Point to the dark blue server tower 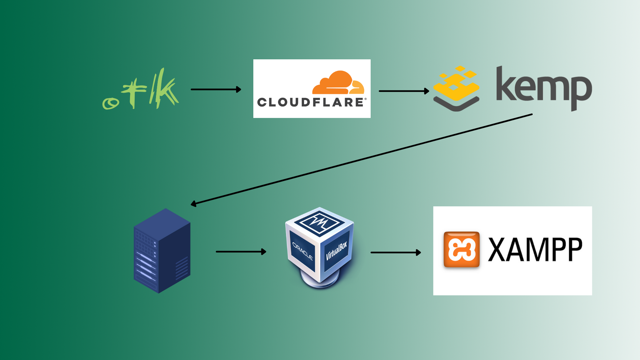(162, 251)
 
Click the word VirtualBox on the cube (337, 250)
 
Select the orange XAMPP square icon (462, 249)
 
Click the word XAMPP (535, 250)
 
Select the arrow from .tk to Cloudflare (216, 89)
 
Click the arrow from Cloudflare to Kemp (404, 91)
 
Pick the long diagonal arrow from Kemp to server (361, 159)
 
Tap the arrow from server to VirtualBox (241, 252)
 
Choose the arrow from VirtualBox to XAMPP (396, 253)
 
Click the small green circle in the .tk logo (110, 104)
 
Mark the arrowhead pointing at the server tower (193, 204)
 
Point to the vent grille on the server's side (182, 268)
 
